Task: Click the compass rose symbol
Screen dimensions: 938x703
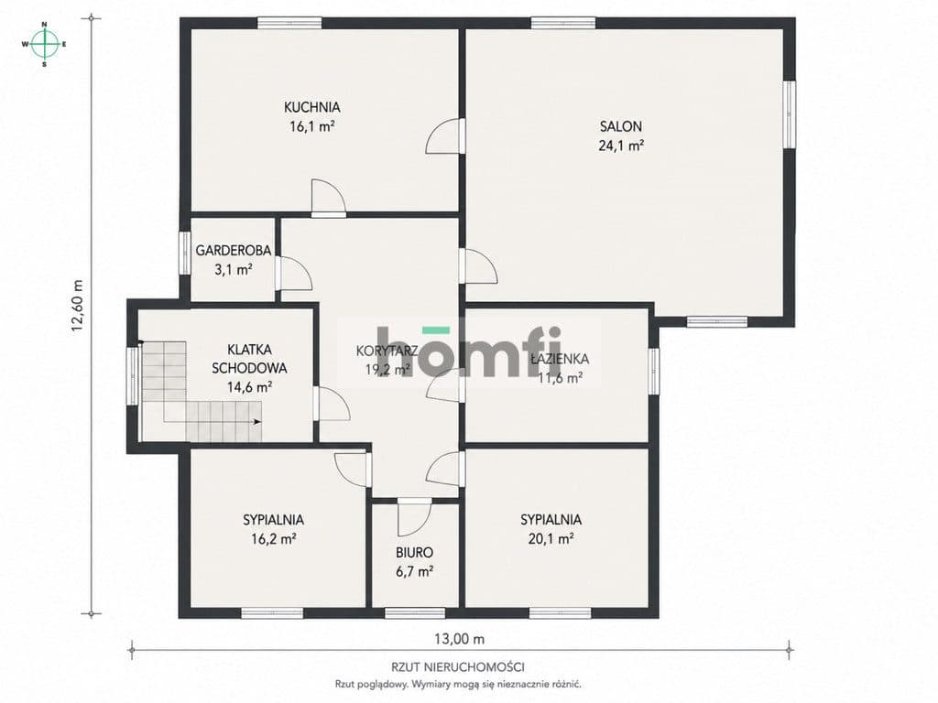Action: tap(44, 44)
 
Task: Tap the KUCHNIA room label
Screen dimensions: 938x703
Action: tap(311, 108)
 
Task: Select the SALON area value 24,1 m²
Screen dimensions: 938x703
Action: tap(621, 146)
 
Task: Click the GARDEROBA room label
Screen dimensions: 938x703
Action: tap(234, 251)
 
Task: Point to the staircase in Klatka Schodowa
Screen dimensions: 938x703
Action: tap(202, 392)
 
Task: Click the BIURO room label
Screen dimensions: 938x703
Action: tap(415, 553)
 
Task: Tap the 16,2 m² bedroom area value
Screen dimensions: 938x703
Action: tap(274, 539)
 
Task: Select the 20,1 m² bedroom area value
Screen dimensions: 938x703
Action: tap(551, 539)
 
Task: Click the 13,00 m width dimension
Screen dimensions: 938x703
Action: tap(459, 639)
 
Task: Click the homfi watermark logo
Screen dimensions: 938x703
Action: tap(469, 351)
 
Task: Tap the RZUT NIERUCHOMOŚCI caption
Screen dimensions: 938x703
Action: tap(458, 666)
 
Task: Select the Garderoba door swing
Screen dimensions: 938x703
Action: tap(294, 274)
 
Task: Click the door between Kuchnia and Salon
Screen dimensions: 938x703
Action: tap(445, 136)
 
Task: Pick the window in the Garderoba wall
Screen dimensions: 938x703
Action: tap(185, 253)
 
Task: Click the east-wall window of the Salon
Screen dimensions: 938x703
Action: tap(790, 114)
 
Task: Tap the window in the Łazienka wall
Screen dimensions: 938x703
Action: tap(654, 372)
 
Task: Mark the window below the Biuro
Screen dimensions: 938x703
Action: tap(415, 612)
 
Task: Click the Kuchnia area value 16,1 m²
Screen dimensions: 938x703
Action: tap(311, 126)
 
